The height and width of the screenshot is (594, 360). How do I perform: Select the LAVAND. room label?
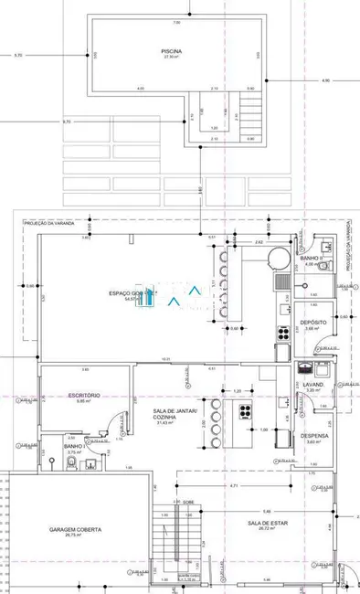[312, 385]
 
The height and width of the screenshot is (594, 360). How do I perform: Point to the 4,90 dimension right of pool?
[325, 81]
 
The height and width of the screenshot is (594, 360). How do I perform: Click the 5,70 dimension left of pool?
[18, 56]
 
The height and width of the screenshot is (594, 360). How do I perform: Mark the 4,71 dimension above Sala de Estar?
[234, 486]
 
